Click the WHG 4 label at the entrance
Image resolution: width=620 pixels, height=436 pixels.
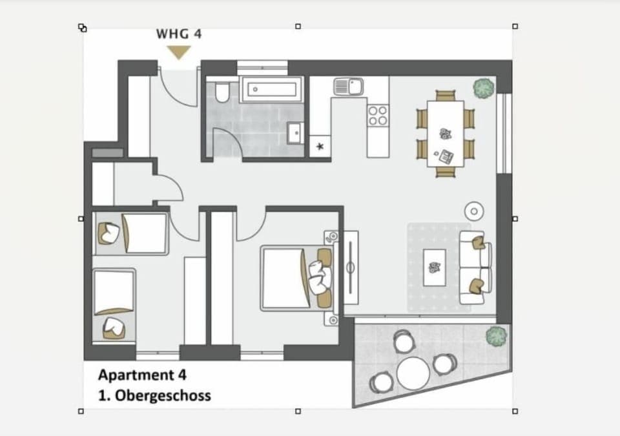[x=179, y=34]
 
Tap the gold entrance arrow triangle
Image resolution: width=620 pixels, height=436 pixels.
[x=178, y=52]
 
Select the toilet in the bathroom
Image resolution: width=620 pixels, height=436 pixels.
[x=222, y=94]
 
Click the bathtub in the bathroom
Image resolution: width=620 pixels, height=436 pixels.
[x=271, y=89]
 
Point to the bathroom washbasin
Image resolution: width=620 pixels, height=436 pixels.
[x=296, y=134]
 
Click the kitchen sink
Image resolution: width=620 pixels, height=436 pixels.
[x=347, y=85]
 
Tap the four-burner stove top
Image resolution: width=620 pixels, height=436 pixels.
[x=378, y=115]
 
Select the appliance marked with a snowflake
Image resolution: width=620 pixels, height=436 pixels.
[x=319, y=147]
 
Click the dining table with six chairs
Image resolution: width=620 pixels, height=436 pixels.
[x=445, y=133]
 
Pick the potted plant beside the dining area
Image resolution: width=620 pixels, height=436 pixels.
[x=483, y=88]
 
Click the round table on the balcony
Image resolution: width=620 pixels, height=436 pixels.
[x=413, y=373]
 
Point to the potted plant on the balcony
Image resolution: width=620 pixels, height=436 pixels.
[x=495, y=335]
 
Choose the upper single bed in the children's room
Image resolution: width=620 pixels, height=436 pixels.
[x=132, y=233]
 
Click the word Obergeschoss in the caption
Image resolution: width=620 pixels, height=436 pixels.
[x=163, y=395]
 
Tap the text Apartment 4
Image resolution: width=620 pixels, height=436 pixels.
[x=142, y=375]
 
